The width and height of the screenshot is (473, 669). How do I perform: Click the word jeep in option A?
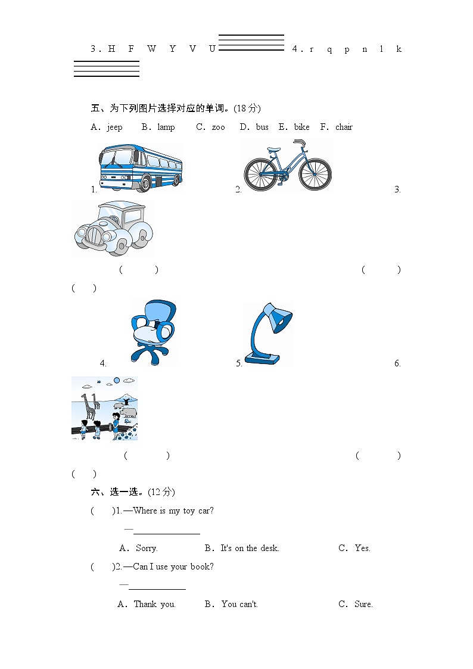114,127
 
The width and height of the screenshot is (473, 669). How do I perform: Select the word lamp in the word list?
166,127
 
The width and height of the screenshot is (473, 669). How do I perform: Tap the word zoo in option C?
219,127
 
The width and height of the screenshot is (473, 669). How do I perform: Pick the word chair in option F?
344,127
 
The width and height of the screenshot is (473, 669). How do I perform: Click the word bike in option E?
302,127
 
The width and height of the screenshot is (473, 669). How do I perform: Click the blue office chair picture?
153,331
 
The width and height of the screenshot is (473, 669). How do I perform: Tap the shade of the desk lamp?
279,318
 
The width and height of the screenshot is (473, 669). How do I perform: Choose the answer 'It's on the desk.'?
250,548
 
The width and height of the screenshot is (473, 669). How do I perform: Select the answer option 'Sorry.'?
147,548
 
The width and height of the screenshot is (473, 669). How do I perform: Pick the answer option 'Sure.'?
363,604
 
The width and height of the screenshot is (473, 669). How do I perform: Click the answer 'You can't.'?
239,604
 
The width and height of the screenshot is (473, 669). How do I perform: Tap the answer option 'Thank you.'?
154,604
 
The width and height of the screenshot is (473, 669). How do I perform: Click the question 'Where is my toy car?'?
173,511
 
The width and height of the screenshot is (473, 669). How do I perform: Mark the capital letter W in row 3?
151,49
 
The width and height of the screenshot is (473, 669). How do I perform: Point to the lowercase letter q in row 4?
329,49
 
